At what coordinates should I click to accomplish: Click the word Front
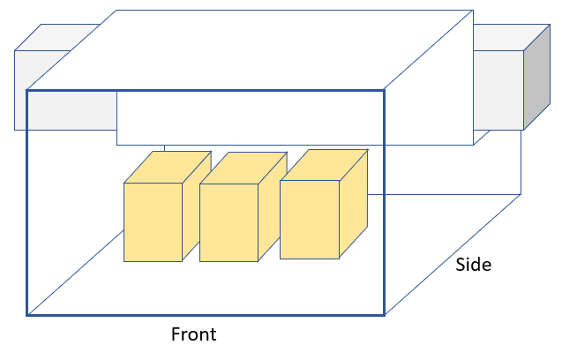point(193,335)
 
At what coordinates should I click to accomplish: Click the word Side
point(474,265)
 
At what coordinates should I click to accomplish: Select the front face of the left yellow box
point(153,222)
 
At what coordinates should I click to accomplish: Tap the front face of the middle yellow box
point(229,222)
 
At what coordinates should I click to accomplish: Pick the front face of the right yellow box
point(310,219)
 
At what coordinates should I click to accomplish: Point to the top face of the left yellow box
point(168,168)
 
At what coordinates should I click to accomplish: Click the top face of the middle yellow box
point(244,169)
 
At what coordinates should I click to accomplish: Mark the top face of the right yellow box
point(324,165)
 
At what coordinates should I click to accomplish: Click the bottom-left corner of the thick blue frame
point(27,314)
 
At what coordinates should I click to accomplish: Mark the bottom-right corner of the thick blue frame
point(384,314)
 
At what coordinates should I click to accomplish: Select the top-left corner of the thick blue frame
point(27,90)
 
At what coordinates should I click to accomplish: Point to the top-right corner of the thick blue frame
point(384,90)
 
